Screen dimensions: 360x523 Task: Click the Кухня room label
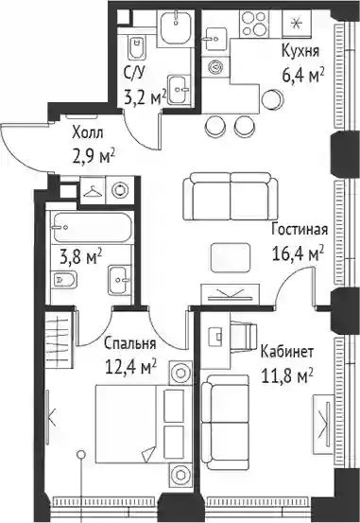300,51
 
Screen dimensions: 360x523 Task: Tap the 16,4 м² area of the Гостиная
298,253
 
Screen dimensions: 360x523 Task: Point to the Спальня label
130,343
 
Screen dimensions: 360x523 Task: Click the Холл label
88,133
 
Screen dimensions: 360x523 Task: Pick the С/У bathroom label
135,73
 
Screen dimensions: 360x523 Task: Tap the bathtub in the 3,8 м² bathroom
92,228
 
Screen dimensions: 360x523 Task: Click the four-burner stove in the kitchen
254,24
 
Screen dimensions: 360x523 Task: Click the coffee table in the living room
231,257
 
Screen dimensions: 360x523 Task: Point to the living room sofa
231,196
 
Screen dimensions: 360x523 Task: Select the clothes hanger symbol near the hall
93,191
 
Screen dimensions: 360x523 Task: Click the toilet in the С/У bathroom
136,47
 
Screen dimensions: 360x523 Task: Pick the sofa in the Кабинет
225,422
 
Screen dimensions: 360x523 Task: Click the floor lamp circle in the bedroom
81,454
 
